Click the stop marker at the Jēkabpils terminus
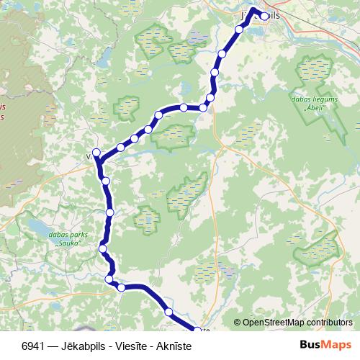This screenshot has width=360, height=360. [264, 16]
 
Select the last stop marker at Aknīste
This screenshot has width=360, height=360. [195, 330]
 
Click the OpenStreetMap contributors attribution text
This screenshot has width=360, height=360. [297, 323]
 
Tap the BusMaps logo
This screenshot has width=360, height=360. [325, 344]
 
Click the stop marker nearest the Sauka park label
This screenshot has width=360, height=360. [103, 249]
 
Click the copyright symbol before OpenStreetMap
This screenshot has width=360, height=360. [238, 323]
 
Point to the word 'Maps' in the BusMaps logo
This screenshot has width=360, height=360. [338, 344]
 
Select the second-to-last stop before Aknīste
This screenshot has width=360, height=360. [168, 312]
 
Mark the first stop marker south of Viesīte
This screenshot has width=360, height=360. [106, 181]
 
